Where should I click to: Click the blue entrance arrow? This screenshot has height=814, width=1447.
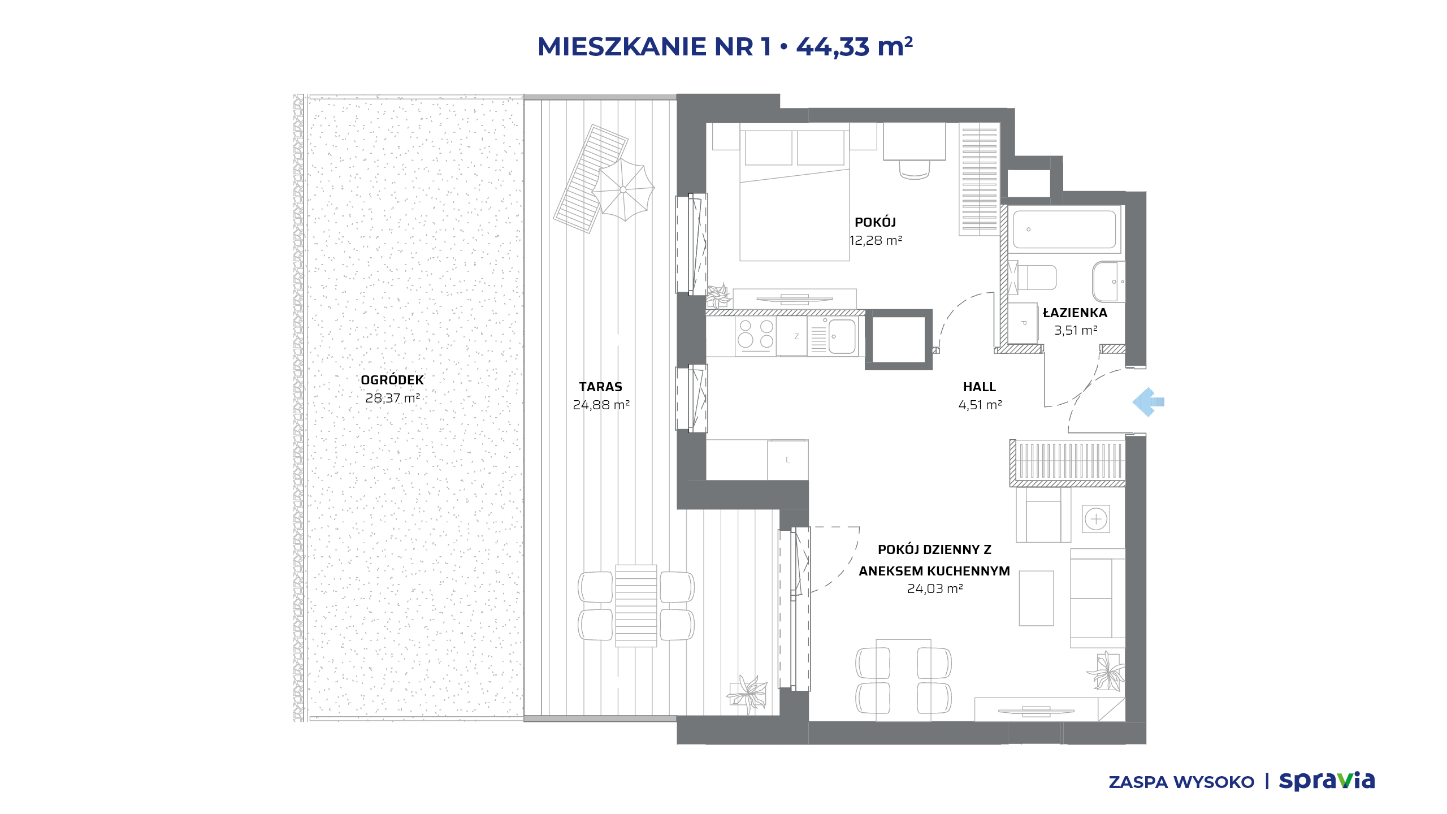click(x=1148, y=402)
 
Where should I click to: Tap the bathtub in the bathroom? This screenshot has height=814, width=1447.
click(x=1064, y=230)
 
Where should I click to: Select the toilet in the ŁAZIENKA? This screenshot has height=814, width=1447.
click(x=1033, y=278)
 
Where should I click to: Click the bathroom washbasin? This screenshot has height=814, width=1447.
click(x=1108, y=282)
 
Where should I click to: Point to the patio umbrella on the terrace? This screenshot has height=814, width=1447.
click(x=623, y=189)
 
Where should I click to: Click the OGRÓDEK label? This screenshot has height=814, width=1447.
click(x=392, y=380)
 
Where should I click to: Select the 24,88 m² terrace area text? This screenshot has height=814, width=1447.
click(x=601, y=405)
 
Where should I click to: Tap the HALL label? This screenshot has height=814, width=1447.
click(x=980, y=387)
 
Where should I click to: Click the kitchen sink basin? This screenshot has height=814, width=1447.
click(x=842, y=336)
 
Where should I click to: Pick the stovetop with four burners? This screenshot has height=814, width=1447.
click(x=756, y=334)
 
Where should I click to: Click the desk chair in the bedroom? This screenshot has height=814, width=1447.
click(x=914, y=169)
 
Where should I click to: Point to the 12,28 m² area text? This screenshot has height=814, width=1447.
click(x=876, y=240)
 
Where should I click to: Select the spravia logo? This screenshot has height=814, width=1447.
click(x=1327, y=781)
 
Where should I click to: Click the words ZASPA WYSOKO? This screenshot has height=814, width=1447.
click(x=1181, y=782)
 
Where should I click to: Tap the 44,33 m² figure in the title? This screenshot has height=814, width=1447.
click(x=854, y=46)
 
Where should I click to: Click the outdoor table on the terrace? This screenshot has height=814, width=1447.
click(x=636, y=605)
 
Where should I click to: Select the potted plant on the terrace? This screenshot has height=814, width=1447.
click(x=747, y=694)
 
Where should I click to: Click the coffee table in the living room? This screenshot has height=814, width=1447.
click(x=1036, y=598)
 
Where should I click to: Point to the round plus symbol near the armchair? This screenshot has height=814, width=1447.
click(x=1096, y=519)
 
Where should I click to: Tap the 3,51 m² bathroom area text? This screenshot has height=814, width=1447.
click(x=1076, y=330)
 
